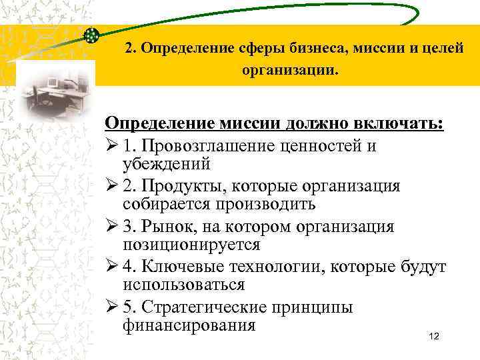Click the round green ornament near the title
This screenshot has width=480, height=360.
(x=93, y=35)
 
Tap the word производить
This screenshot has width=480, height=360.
(x=255, y=203)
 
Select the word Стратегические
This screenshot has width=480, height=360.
(x=216, y=308)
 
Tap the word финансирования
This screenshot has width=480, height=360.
(x=189, y=325)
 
